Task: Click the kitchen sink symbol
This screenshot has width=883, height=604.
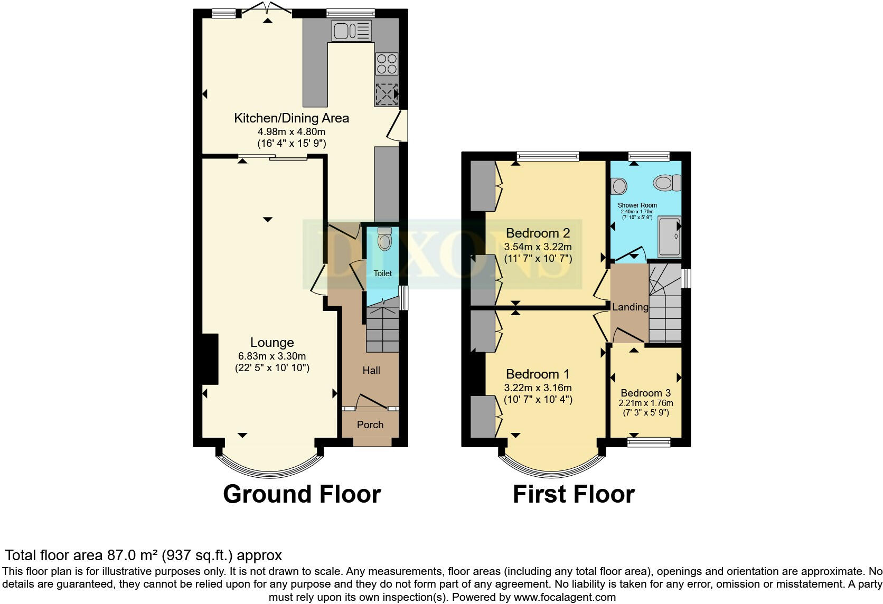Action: coord(352,31)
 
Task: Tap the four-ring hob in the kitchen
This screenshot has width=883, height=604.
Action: coord(387,64)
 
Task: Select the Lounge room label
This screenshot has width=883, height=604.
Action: coord(272,342)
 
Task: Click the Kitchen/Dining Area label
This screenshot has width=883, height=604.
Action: coord(292,118)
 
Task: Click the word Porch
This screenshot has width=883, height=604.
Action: coord(370,424)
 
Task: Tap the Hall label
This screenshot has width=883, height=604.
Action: coord(371,370)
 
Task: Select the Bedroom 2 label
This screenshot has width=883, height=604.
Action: coord(538,233)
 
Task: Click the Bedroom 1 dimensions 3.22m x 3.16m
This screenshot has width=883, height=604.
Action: coord(538,388)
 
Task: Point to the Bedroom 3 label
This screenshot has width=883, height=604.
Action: coord(646,393)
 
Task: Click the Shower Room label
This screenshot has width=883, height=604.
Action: coord(637,205)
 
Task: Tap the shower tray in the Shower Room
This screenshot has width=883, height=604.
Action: coord(670,237)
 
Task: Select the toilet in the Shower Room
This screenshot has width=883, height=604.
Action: coord(667,183)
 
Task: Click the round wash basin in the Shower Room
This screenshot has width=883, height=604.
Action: coord(619,185)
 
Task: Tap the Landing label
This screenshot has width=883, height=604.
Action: coord(631,307)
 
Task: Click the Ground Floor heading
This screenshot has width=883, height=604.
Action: coord(302,494)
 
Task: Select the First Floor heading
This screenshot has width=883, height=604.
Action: coord(574,494)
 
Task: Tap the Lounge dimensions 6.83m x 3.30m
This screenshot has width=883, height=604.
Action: coord(272,356)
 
